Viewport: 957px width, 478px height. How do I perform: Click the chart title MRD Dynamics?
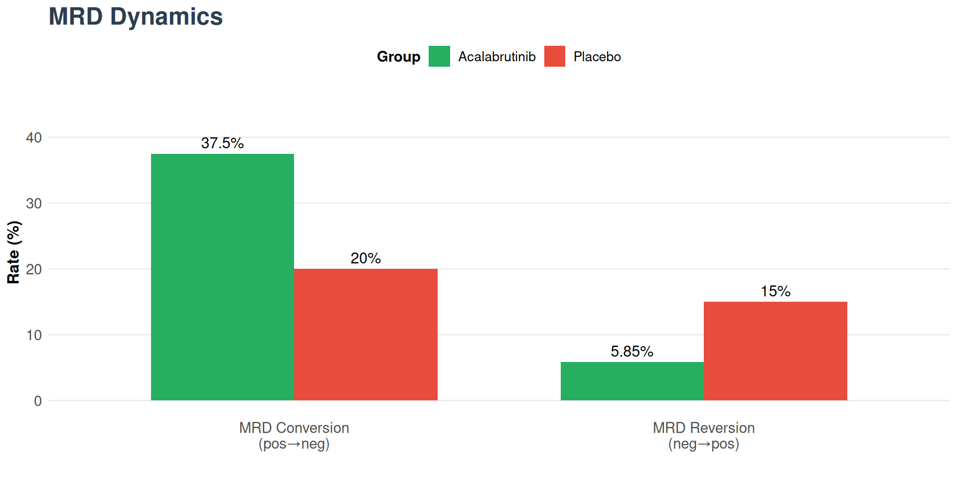(x=136, y=16)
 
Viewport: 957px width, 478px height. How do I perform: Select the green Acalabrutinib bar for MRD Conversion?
(x=222, y=277)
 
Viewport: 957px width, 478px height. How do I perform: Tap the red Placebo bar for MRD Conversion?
(x=365, y=335)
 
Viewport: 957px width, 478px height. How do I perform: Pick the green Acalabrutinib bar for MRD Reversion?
(x=632, y=381)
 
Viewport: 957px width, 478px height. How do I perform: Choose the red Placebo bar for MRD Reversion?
(x=775, y=351)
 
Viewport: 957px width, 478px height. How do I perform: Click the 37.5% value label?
(x=222, y=143)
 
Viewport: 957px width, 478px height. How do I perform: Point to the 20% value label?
(x=365, y=258)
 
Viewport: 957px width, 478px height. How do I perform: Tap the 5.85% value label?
(x=632, y=352)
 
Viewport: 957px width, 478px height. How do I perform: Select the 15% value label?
(x=775, y=291)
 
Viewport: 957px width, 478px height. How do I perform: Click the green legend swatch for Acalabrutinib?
(x=439, y=56)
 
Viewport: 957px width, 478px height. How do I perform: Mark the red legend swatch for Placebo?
(x=554, y=56)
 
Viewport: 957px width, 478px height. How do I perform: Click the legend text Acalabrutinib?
(x=497, y=57)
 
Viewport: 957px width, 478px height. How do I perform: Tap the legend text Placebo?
(x=597, y=57)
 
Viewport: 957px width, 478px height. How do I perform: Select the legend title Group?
(x=398, y=57)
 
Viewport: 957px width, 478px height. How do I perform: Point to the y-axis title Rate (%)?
(x=13, y=252)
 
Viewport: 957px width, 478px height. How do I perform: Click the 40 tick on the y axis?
(x=34, y=137)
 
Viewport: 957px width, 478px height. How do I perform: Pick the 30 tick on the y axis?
(x=34, y=203)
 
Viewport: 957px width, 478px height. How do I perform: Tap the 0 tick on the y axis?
(x=38, y=401)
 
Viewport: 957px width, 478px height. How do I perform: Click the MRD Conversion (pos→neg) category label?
(x=294, y=436)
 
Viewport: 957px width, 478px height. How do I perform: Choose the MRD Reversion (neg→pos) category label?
(x=703, y=436)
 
